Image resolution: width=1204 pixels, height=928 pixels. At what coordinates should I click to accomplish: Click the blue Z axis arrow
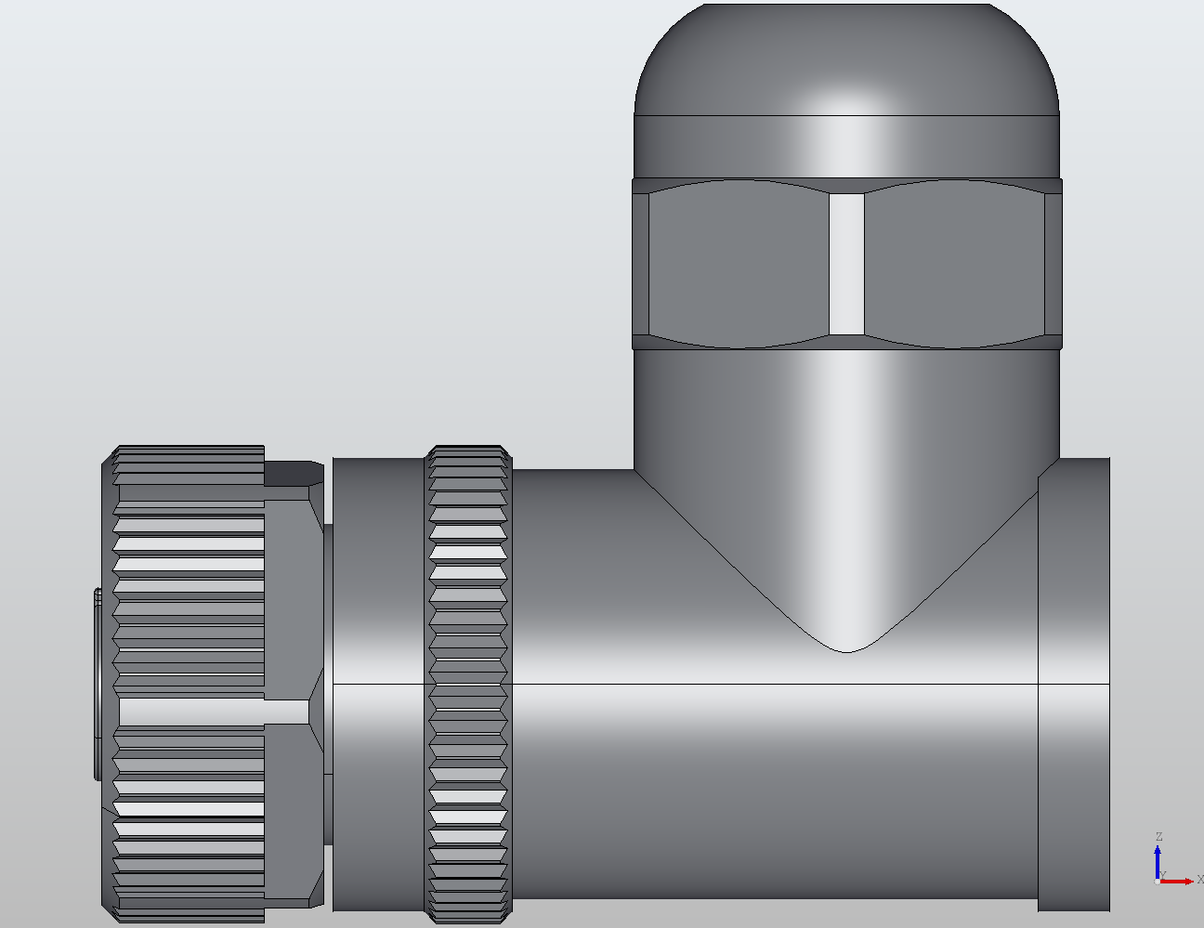click(x=1158, y=859)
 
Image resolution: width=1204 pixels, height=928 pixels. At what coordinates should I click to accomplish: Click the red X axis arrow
click(x=1180, y=881)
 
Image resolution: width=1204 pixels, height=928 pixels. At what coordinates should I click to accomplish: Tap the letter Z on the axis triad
click(x=1158, y=838)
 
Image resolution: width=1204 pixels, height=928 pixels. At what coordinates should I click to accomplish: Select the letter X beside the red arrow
click(x=1199, y=880)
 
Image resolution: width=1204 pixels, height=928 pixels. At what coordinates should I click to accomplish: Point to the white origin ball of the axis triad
click(x=1158, y=881)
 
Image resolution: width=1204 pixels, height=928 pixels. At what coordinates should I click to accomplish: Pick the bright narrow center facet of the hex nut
click(x=846, y=264)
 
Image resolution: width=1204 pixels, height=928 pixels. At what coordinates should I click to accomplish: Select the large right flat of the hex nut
click(x=954, y=264)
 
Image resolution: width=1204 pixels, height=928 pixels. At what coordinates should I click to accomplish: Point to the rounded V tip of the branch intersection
click(x=845, y=641)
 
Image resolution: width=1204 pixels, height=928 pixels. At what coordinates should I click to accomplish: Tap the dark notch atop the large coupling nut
click(x=294, y=473)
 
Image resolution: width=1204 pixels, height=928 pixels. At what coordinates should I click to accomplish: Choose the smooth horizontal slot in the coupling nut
click(x=214, y=712)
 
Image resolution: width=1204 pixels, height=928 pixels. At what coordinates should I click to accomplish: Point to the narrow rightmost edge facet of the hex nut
click(x=1053, y=264)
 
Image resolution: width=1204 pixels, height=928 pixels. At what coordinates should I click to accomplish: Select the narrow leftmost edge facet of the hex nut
click(x=640, y=264)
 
